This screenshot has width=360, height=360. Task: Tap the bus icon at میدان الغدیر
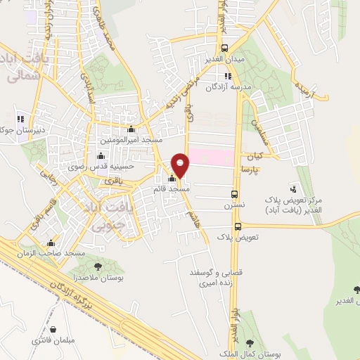224,48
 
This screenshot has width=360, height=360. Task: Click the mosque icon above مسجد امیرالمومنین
131,129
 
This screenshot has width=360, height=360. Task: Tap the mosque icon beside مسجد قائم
173,178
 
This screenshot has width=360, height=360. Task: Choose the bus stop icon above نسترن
234,195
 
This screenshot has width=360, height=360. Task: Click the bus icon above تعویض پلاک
238,226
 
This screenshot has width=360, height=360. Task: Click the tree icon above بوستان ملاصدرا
98,266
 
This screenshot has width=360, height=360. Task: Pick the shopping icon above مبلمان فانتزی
51,328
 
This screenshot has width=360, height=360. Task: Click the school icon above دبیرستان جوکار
20,118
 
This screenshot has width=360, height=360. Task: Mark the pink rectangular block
211,156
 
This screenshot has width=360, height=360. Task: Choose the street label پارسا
250,169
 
